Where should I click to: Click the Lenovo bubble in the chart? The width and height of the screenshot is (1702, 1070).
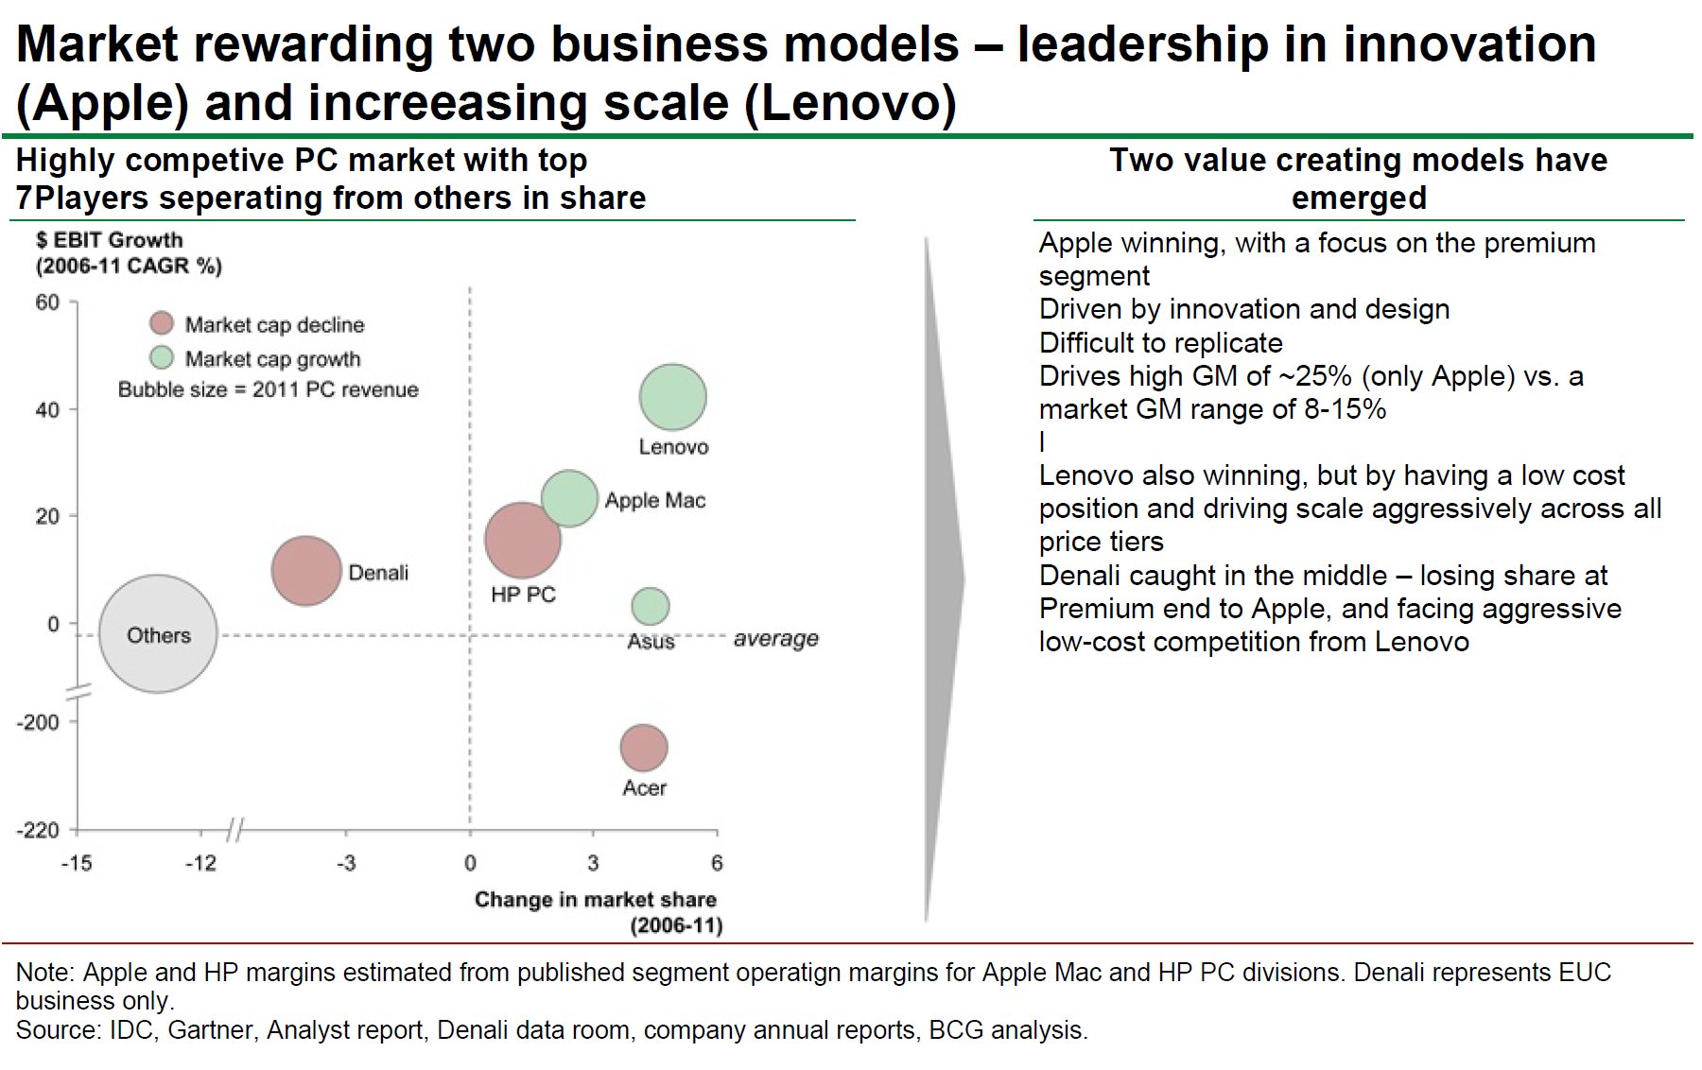672,397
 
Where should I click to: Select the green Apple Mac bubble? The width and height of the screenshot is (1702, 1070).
569,498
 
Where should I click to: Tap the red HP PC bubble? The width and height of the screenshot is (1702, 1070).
522,540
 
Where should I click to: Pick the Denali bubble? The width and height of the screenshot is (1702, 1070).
305,571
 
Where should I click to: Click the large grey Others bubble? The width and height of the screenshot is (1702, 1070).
158,634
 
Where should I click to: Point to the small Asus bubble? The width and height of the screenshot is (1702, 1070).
650,606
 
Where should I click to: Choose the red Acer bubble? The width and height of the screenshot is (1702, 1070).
643,748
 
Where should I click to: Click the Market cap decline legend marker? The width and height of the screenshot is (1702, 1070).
162,324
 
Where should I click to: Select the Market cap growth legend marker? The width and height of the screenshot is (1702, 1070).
162,358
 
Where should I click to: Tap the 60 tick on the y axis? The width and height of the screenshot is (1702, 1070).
47,302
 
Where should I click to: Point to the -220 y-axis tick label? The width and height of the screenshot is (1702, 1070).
38,830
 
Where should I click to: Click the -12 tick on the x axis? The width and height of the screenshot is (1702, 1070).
200,863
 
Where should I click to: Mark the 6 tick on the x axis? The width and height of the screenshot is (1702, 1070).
717,863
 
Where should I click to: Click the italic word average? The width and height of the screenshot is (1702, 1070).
775,639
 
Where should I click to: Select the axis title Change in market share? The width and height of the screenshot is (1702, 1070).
595,900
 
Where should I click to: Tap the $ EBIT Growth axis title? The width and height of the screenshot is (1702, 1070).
109,240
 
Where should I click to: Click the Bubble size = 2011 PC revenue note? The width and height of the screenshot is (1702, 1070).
268,389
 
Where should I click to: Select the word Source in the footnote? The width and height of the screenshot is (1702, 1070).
55,1029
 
